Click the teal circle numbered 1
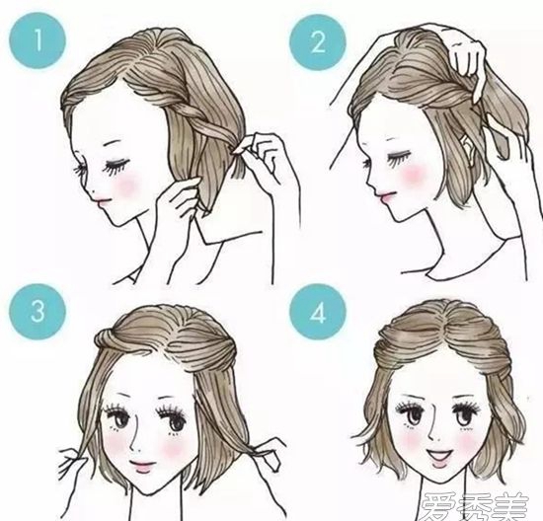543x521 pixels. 38,39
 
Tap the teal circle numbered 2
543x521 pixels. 318,42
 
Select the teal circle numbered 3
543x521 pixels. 38,312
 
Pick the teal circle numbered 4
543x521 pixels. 318,312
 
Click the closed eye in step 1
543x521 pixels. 117,166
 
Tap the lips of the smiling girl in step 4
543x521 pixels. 439,455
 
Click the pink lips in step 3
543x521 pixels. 143,466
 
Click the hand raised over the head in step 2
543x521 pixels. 466,59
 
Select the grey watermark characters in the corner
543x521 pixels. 476,506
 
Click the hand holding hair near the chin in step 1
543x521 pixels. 180,199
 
